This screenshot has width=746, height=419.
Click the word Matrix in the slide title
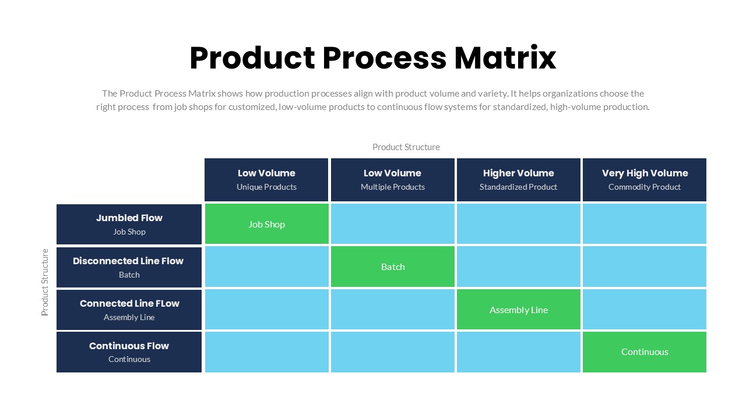[x=505, y=58]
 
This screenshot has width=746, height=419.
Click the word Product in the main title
[x=252, y=58]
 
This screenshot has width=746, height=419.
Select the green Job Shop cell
[x=266, y=224]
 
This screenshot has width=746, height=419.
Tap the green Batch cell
[x=392, y=267]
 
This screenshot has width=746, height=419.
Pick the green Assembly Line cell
[x=518, y=310]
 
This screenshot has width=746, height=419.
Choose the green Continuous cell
[x=644, y=351]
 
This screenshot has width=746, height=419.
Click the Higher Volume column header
[x=518, y=179]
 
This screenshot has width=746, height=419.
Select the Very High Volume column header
[x=644, y=179]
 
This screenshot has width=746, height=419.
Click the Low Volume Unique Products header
[x=266, y=179]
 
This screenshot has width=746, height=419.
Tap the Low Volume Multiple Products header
[x=392, y=179]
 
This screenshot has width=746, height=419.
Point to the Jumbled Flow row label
[x=129, y=224]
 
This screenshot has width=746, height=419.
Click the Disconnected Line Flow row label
[x=129, y=267]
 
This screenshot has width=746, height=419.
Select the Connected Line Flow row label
[x=129, y=310]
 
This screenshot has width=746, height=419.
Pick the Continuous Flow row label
[x=129, y=351]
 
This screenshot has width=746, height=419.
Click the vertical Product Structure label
[x=45, y=282]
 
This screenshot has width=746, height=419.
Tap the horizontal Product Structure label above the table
[x=406, y=147]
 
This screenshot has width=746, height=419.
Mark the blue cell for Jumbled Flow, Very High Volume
[x=644, y=224]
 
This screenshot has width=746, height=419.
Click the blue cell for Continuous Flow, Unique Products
[x=266, y=351]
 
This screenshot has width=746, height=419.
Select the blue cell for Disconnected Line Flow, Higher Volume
[x=518, y=267]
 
